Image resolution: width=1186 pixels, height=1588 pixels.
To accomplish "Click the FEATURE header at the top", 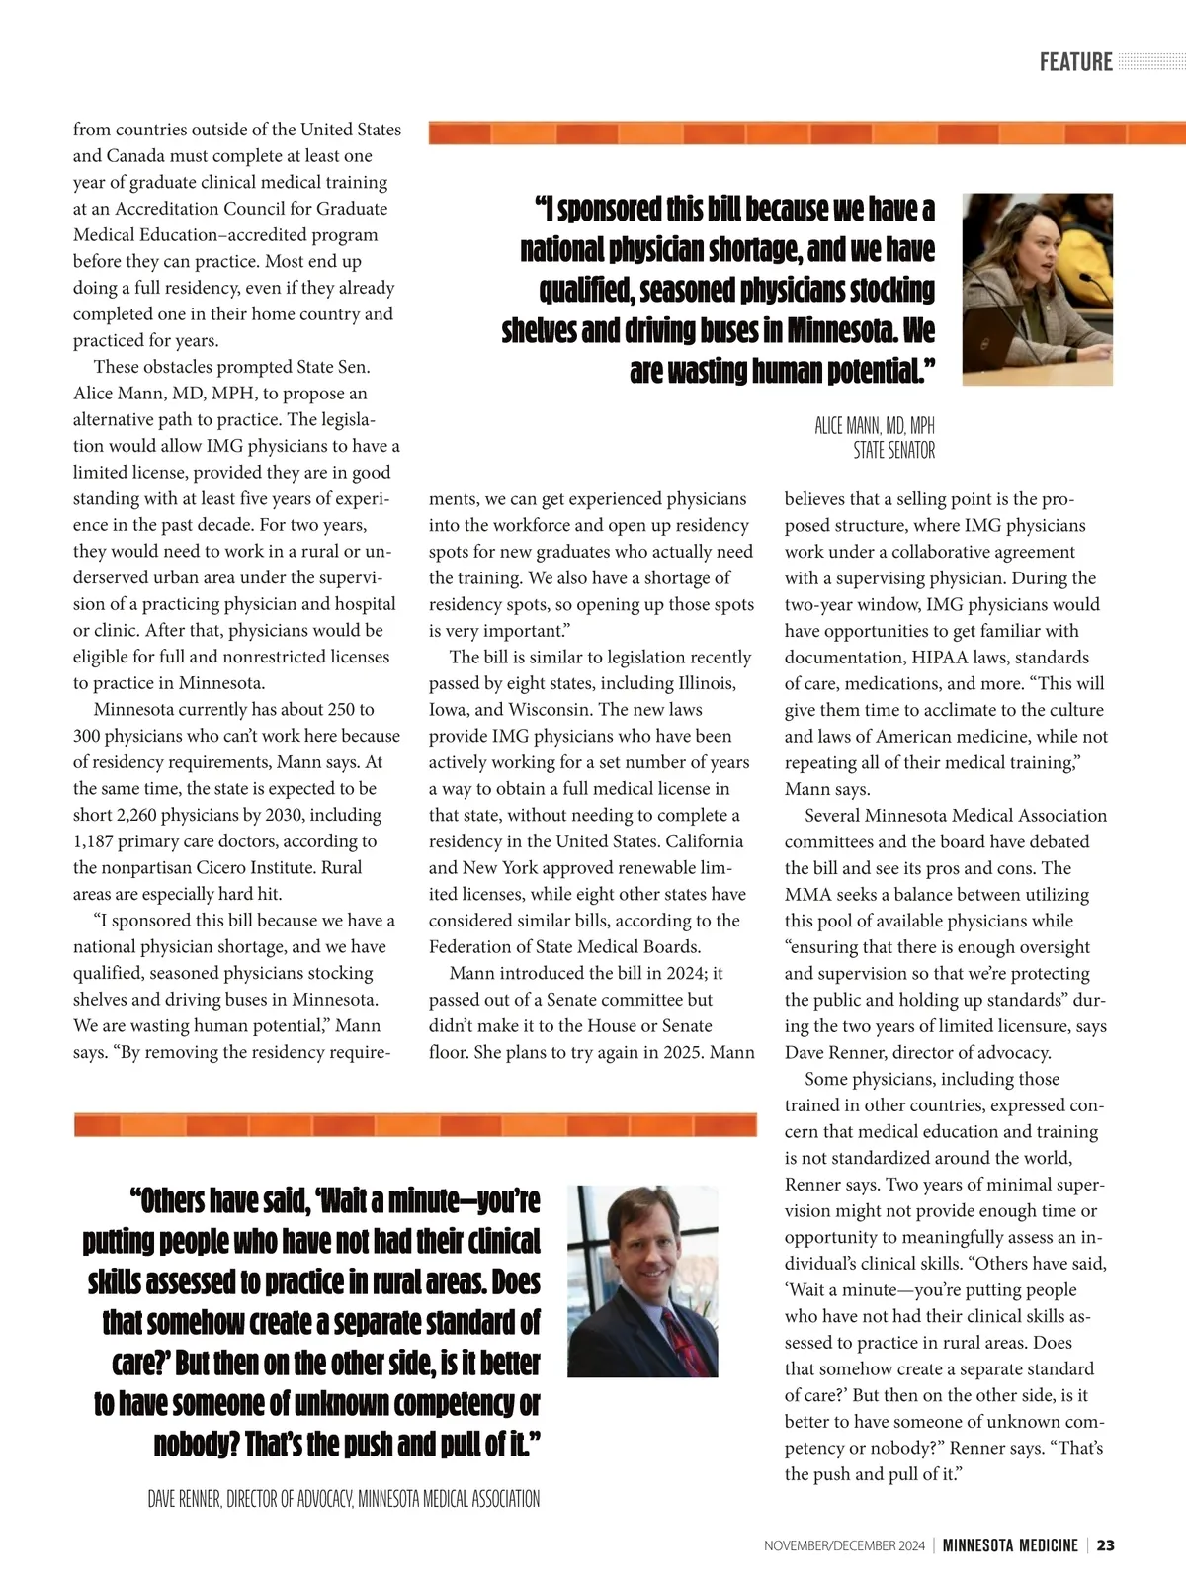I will click(1075, 62).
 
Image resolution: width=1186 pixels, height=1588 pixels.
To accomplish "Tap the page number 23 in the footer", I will click(1106, 1545).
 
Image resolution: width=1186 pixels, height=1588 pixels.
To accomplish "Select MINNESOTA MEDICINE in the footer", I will click(1009, 1545).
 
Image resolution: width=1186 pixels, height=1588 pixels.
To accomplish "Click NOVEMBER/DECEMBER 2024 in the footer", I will click(844, 1545).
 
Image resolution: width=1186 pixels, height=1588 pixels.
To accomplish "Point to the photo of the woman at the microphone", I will click(1037, 289).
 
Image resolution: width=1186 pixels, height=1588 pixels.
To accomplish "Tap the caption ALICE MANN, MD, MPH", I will click(874, 426).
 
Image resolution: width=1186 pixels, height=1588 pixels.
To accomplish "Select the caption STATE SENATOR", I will click(893, 451).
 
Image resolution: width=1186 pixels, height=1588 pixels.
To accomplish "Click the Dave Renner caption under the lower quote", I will click(343, 1499).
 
